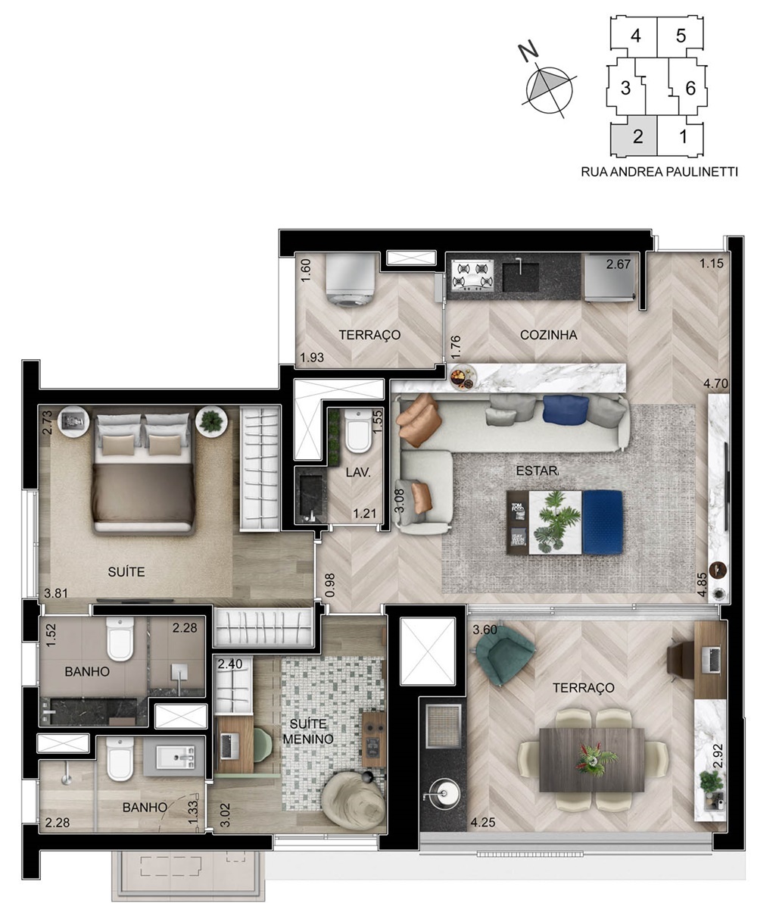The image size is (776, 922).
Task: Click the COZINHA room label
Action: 548,335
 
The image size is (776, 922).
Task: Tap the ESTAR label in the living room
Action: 538,470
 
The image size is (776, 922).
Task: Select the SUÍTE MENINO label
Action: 308,732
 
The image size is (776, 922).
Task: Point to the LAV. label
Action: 358,473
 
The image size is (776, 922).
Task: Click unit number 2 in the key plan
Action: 637,136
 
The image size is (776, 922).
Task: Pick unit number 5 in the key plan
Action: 681,36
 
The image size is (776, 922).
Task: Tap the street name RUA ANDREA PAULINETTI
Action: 659,172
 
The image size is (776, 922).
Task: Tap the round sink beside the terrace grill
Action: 443,793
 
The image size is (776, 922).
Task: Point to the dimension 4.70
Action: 715,383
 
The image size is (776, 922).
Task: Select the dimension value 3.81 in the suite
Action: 56,593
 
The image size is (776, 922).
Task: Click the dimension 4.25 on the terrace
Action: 483,823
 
